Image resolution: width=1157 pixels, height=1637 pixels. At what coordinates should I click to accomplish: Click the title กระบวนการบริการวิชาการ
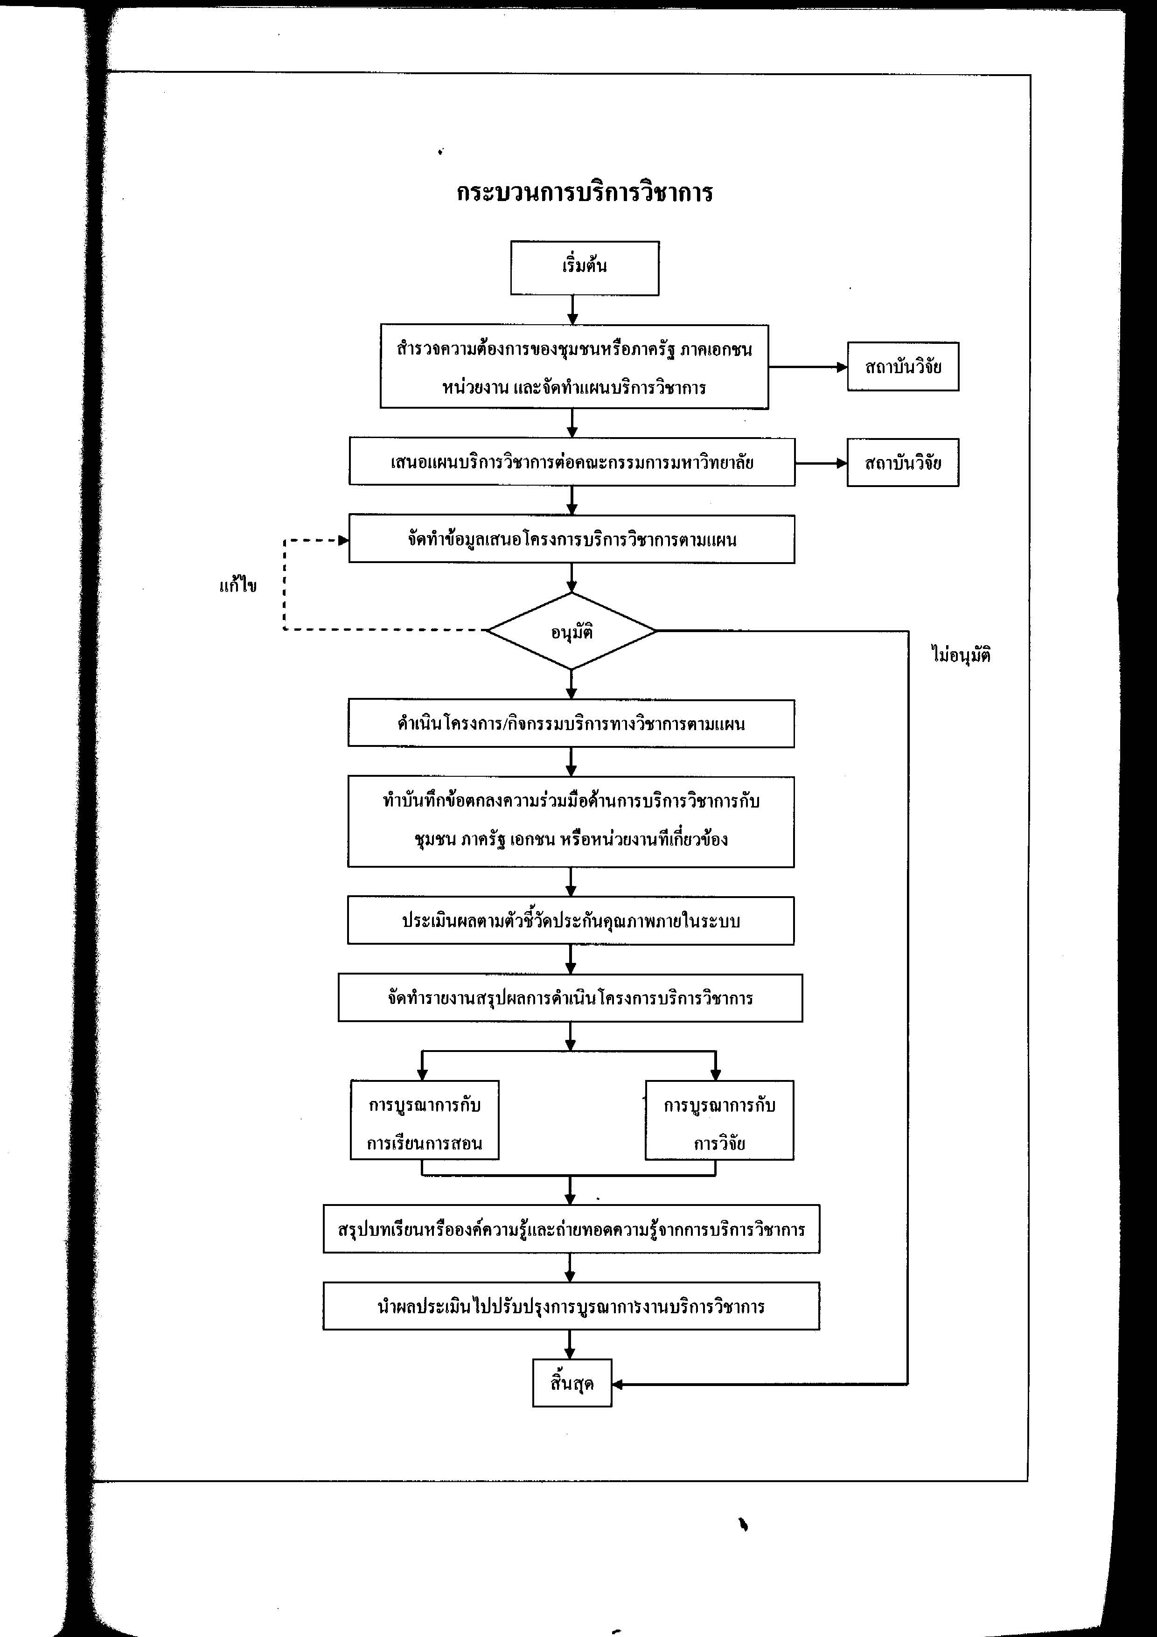pos(585,193)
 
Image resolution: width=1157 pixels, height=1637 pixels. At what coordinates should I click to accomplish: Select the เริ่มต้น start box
pos(585,268)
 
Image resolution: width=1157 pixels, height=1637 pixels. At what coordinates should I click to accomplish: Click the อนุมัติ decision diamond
pos(571,631)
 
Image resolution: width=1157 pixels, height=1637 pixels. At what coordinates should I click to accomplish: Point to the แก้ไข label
pos(238,585)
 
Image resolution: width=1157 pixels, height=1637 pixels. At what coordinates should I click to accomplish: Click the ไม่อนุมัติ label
pos(961,655)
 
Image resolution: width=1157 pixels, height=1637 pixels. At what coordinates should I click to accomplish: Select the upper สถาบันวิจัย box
pos(902,367)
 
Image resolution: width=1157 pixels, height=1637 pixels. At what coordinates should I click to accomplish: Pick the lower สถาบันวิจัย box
pos(902,463)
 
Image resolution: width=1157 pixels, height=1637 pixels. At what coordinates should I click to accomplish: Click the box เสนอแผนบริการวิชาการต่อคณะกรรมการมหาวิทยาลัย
pos(572,462)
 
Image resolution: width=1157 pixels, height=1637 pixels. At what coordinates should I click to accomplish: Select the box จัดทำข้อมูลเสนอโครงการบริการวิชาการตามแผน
pos(572,539)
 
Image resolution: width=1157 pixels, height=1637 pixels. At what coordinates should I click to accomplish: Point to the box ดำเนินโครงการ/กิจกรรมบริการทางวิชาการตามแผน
pos(571,724)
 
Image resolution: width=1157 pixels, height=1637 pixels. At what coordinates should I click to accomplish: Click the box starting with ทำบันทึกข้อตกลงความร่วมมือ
pos(571,822)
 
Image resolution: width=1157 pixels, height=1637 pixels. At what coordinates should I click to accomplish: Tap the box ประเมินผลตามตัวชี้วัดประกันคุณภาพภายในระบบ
pos(571,920)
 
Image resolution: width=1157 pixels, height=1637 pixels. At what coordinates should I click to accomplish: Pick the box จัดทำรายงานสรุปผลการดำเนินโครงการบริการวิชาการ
pos(570,997)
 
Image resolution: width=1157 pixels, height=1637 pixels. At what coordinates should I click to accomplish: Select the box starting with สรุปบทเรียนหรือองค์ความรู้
pos(571,1228)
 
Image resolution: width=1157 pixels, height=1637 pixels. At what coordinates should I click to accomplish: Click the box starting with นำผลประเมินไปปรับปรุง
pos(571,1305)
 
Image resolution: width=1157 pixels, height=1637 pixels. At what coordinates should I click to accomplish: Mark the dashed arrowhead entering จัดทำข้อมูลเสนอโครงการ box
pos(344,540)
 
